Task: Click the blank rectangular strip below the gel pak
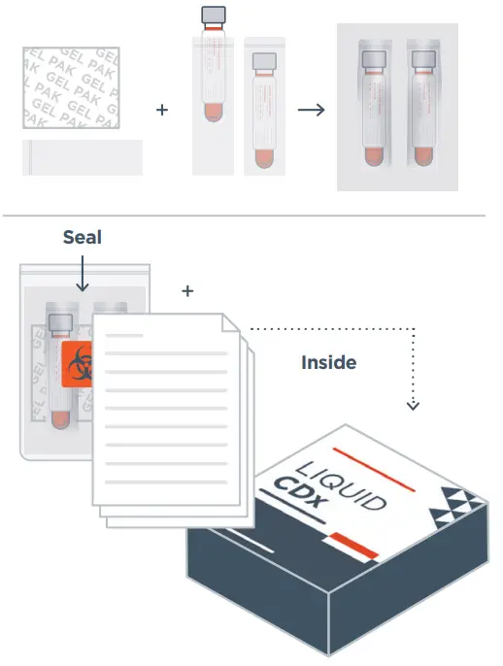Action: coord(83,157)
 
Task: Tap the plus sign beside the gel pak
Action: coord(162,110)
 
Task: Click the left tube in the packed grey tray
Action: coord(374,107)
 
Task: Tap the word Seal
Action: coord(82,237)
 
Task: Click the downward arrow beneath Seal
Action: coord(82,277)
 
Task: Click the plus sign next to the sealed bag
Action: coord(187,290)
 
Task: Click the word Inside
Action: coord(328,362)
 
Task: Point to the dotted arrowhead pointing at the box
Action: coord(413,404)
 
